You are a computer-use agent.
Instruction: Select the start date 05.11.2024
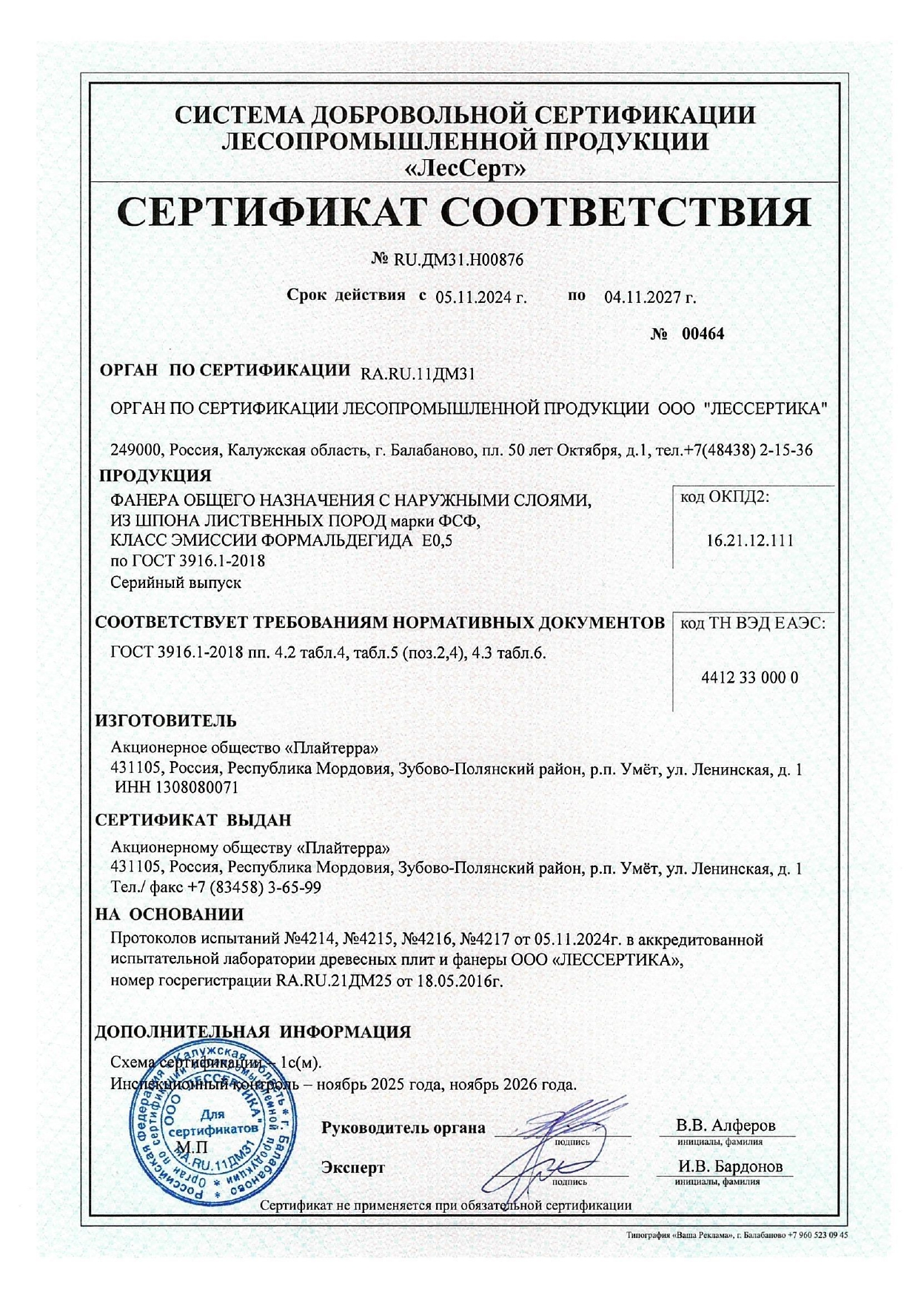[480, 298]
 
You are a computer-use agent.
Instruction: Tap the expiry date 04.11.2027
[650, 298]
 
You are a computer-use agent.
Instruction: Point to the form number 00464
[703, 333]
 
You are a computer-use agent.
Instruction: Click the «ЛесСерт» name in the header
[466, 170]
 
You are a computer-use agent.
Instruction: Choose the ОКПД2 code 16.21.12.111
[749, 541]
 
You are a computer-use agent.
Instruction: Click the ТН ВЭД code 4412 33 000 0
[749, 678]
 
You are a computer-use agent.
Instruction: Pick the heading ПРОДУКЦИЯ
[155, 475]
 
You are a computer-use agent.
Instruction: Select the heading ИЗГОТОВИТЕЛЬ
[166, 720]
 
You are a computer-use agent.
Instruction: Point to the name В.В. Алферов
[726, 1125]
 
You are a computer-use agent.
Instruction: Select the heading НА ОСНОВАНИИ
[170, 914]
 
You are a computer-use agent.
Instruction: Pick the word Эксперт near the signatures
[353, 1168]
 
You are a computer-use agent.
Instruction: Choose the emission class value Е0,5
[436, 541]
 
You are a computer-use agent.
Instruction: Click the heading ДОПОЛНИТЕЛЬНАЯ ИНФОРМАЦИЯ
[253, 1031]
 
